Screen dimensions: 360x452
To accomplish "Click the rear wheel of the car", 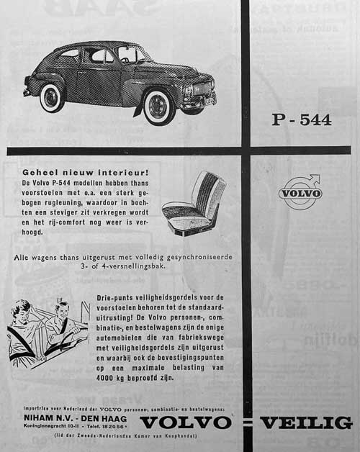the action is (x=53, y=98).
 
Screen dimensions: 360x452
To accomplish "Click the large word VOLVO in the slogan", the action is (x=186, y=422).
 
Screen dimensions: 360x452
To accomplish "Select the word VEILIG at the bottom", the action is (x=306, y=422).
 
